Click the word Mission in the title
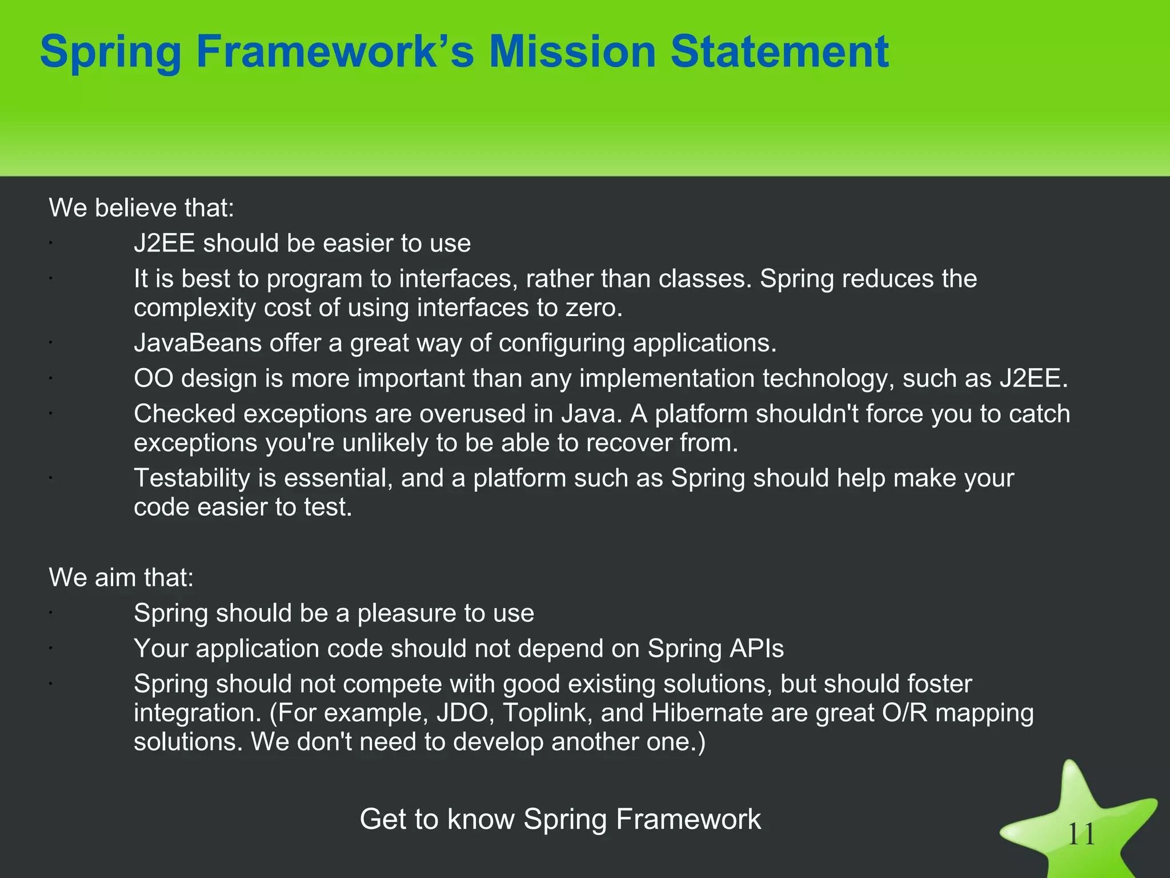point(572,51)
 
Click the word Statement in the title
point(779,51)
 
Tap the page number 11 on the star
point(1081,835)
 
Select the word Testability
point(191,478)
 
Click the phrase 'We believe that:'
point(142,207)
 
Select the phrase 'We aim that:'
point(121,577)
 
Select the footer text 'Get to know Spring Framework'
point(560,819)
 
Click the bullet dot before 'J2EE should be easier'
point(51,243)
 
